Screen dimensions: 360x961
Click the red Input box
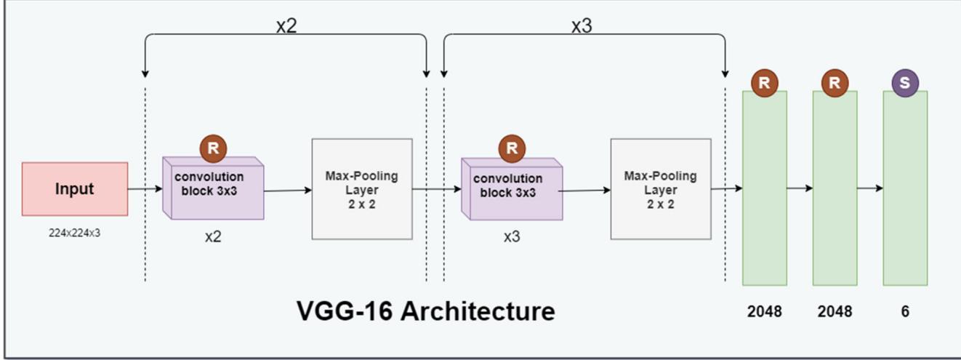75,189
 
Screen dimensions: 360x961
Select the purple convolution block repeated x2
213,188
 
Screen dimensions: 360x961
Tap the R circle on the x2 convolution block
213,148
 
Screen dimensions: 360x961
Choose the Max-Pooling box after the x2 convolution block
362,189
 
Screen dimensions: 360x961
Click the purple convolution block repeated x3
512,189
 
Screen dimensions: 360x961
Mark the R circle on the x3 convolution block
512,148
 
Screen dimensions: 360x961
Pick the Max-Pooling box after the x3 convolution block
660,189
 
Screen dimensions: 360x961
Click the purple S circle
905,83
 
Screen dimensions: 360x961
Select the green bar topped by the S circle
905,189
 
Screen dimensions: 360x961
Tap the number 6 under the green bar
905,311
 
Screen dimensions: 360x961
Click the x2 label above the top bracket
286,26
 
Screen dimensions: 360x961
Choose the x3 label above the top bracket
582,26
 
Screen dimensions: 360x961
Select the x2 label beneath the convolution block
213,237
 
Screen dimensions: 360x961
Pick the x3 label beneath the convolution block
512,237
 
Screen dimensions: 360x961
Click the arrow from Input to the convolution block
145,189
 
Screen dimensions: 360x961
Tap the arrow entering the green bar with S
870,188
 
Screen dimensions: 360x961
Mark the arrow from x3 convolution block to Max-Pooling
586,191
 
